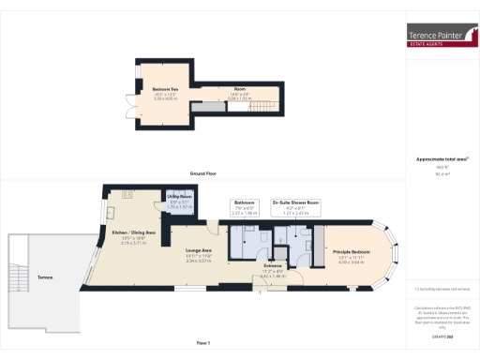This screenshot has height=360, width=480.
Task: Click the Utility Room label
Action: pos(180,196)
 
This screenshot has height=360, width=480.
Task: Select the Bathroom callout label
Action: pos(245,202)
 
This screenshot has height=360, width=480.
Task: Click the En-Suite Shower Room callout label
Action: pos(295,202)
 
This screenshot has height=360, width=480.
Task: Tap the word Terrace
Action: pos(45,278)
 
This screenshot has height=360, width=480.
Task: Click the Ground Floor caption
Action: pos(203,173)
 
